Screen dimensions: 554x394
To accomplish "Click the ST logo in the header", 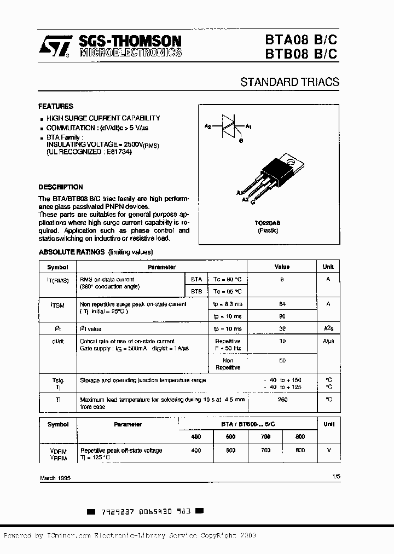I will click(54, 47).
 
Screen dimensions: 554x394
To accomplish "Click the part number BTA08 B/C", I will click(309, 41).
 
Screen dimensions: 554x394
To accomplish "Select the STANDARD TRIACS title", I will click(289, 82).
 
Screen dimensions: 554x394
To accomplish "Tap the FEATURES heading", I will click(55, 106).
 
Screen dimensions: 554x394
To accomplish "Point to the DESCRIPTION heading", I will click(60, 187).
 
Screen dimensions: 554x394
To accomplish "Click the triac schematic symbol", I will click(228, 126).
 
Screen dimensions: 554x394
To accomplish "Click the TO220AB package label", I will click(268, 223).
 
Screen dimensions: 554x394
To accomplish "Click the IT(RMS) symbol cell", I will click(57, 280).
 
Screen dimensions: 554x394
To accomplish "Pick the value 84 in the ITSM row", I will click(282, 304).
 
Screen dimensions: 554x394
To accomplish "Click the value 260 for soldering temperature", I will click(282, 400).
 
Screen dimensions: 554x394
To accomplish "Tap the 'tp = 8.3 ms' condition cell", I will click(227, 304).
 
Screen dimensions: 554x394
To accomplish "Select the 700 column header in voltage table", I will click(265, 436).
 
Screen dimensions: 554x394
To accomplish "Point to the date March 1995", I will click(55, 478).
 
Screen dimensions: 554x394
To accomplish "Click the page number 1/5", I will click(335, 477).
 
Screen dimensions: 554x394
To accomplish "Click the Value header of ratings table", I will click(282, 267).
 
